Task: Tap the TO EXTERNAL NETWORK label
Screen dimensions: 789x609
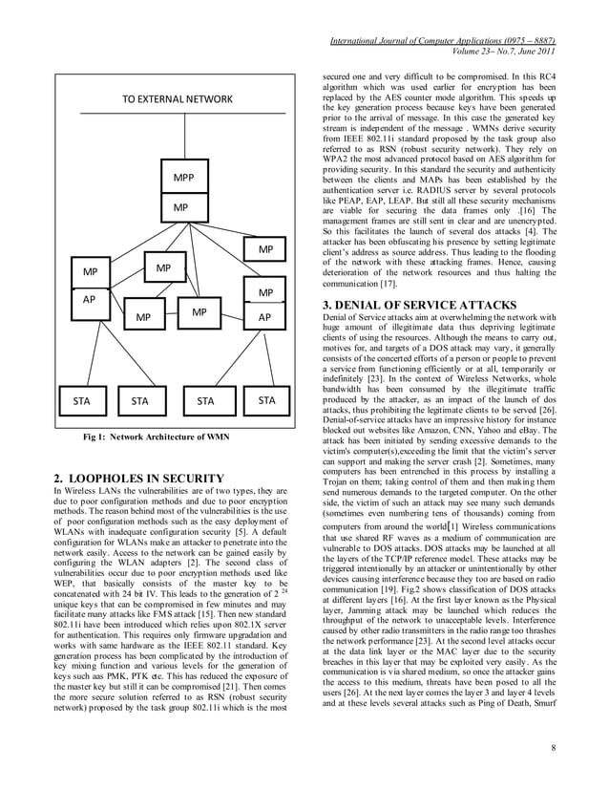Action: click(175, 99)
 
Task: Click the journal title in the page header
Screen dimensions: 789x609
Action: click(442, 39)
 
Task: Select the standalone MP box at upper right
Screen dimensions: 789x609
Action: click(265, 250)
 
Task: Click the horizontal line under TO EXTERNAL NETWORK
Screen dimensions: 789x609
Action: click(175, 114)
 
